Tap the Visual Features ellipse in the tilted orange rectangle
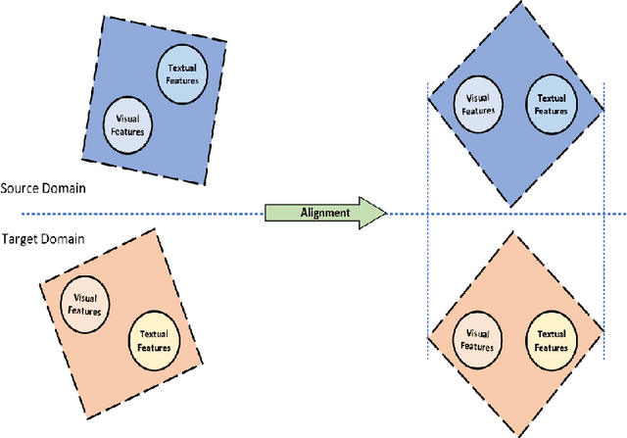pyautogui.click(x=84, y=304)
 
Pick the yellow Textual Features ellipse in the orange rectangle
pyautogui.click(x=155, y=339)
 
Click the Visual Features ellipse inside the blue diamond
pyautogui.click(x=478, y=103)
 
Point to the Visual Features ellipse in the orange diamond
pyautogui.click(x=476, y=339)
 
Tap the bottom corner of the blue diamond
pyautogui.click(x=512, y=206)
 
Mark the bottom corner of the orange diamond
pyautogui.click(x=513, y=431)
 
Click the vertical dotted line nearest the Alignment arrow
pyautogui.click(x=427, y=245)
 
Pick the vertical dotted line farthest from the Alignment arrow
pyautogui.click(x=600, y=245)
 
